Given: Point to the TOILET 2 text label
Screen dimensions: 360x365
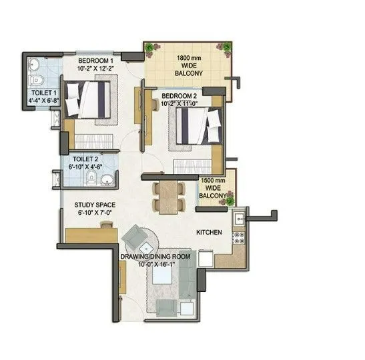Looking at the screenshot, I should tap(86, 159).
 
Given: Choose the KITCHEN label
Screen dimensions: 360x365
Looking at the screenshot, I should tap(209, 233).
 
